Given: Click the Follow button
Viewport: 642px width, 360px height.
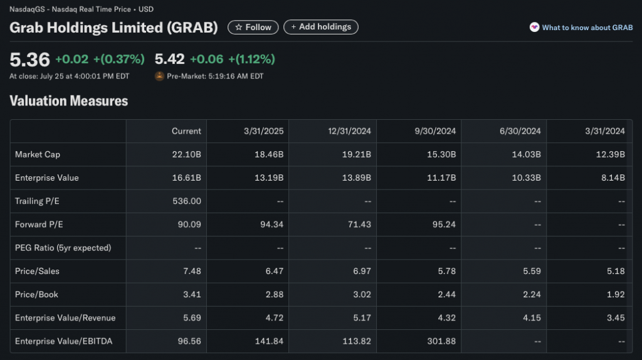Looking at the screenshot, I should [253, 27].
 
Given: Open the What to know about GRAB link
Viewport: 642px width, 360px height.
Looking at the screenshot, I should [582, 28].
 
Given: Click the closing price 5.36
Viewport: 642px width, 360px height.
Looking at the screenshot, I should [29, 60].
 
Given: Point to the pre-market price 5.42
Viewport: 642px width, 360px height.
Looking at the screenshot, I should [169, 60].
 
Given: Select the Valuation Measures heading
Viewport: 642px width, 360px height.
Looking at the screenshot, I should [69, 101].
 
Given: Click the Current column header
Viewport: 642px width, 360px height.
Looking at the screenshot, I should [186, 131].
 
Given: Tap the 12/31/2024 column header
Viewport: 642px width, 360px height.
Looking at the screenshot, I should [350, 131].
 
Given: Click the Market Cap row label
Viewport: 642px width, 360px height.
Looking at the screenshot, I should [38, 154].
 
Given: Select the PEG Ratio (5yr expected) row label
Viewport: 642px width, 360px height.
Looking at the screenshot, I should [63, 248].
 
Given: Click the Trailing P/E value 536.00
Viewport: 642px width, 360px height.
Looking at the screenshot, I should [186, 201].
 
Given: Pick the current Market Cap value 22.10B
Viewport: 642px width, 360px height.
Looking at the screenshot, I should [187, 154].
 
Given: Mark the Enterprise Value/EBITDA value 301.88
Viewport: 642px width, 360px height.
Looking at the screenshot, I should [441, 342].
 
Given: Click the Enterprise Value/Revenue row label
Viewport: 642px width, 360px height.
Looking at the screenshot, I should [65, 318].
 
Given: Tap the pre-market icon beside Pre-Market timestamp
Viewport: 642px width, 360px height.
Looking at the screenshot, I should [159, 77].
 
